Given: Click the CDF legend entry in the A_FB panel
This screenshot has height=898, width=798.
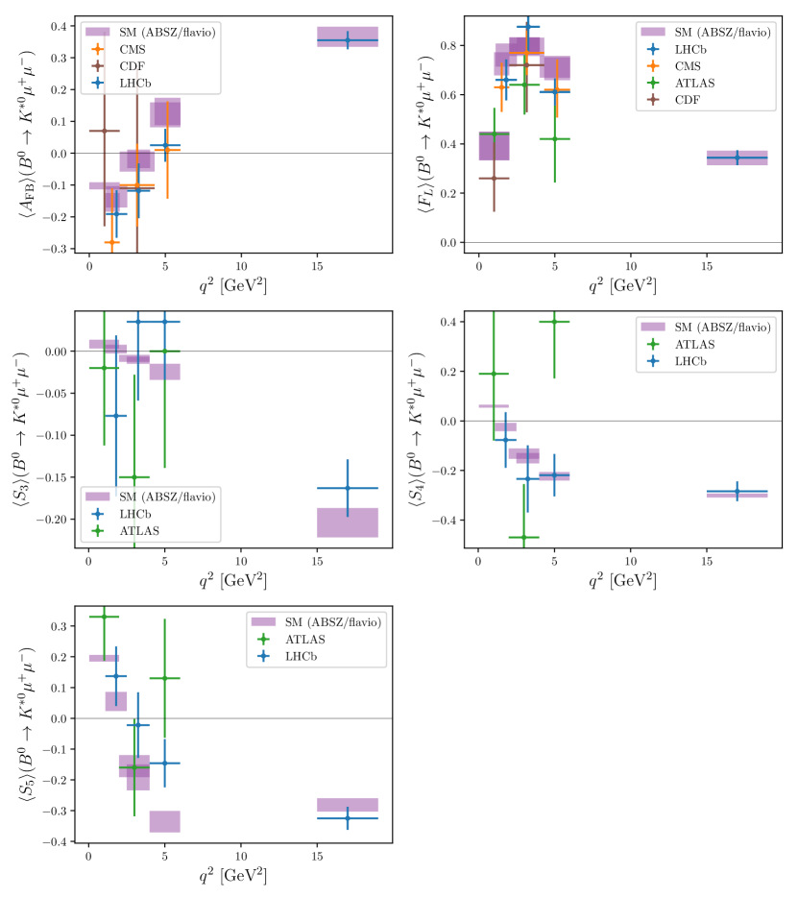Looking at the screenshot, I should tap(133, 65).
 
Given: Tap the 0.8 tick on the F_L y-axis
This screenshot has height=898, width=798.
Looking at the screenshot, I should tap(457, 45).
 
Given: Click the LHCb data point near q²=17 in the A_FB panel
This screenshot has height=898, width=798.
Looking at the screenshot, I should tap(348, 40).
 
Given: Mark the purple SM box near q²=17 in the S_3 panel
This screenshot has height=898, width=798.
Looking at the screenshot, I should tap(348, 522).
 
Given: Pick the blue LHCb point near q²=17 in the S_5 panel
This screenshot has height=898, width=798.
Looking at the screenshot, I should tap(348, 818).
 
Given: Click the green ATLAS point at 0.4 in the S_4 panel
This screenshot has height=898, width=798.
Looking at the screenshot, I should tap(554, 322).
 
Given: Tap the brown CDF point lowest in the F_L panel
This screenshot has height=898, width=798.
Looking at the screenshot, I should tap(494, 178).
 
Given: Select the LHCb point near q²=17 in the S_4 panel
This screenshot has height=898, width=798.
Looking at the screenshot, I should tap(737, 491).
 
